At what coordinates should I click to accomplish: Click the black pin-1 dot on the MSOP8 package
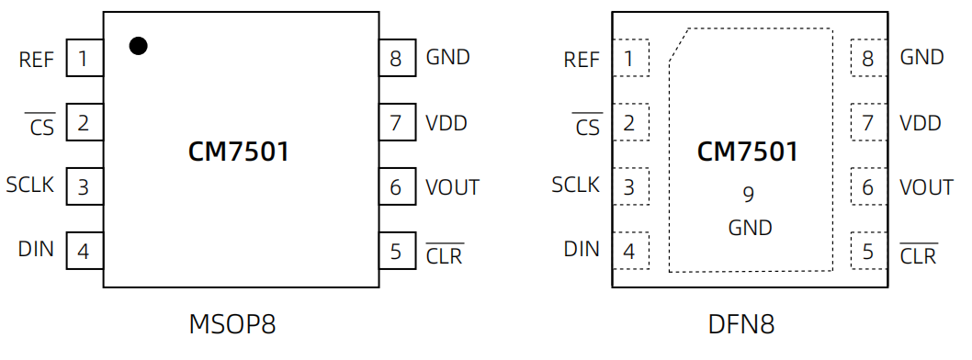click(x=138, y=46)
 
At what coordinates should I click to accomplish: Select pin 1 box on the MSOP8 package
click(x=84, y=61)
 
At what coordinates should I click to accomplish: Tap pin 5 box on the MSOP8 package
click(x=396, y=251)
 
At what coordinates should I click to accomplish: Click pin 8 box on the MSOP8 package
click(x=396, y=59)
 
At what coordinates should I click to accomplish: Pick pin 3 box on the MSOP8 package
click(x=84, y=187)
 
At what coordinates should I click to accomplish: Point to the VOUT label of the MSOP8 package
click(x=452, y=187)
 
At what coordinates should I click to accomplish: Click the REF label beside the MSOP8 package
click(x=37, y=61)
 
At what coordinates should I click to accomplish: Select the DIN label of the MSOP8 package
click(x=36, y=249)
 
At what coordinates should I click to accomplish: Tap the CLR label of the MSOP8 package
click(x=445, y=255)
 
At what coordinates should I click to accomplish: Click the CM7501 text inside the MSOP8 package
click(x=239, y=152)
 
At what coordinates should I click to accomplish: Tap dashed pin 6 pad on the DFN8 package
click(x=868, y=187)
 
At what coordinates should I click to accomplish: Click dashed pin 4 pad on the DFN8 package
click(x=629, y=250)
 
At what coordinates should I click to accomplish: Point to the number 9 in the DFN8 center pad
click(x=748, y=195)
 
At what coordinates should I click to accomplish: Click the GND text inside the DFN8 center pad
click(x=750, y=228)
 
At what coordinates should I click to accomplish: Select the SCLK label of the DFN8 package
click(x=575, y=186)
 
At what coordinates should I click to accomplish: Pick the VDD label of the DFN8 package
click(x=920, y=123)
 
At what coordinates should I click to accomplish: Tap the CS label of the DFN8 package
click(x=587, y=128)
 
